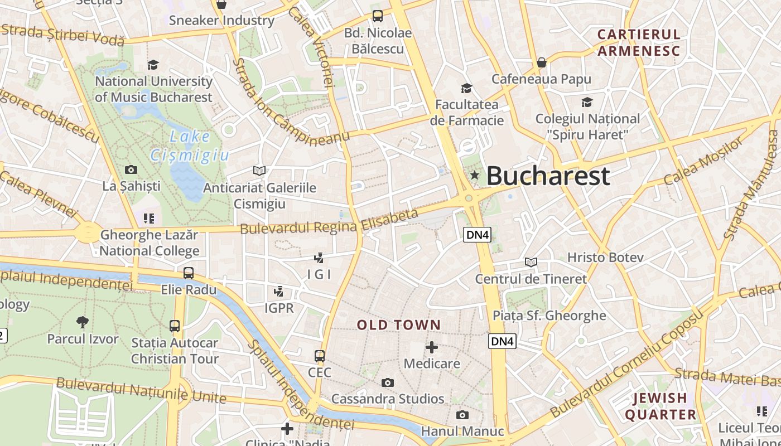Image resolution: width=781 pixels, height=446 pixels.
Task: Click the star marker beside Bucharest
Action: click(x=475, y=176)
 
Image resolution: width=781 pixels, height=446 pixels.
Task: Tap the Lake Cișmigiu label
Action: click(x=190, y=146)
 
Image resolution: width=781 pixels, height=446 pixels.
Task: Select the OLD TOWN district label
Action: click(x=399, y=325)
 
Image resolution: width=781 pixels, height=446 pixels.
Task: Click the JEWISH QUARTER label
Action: click(x=661, y=406)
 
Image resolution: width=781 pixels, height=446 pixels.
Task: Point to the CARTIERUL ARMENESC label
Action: click(x=639, y=43)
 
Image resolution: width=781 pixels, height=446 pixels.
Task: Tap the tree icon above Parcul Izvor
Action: click(x=82, y=322)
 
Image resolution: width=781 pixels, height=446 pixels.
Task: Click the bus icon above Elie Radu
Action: click(x=189, y=273)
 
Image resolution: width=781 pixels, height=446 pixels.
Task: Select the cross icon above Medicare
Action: click(x=432, y=347)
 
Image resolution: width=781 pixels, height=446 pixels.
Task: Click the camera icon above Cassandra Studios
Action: click(x=388, y=382)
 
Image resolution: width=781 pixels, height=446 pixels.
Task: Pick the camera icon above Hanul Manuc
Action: click(x=462, y=415)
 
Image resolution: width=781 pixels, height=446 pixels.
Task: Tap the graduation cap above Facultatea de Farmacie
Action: click(x=466, y=88)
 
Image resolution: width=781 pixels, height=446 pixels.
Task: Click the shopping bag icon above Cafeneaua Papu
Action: click(x=541, y=62)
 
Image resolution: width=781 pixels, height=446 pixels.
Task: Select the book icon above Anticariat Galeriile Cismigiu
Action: click(x=259, y=171)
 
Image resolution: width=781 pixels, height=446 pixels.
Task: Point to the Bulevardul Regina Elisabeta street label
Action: click(x=329, y=222)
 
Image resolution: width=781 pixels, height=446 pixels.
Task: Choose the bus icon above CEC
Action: click(x=320, y=356)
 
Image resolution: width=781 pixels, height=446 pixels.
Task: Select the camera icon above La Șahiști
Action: click(x=131, y=169)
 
